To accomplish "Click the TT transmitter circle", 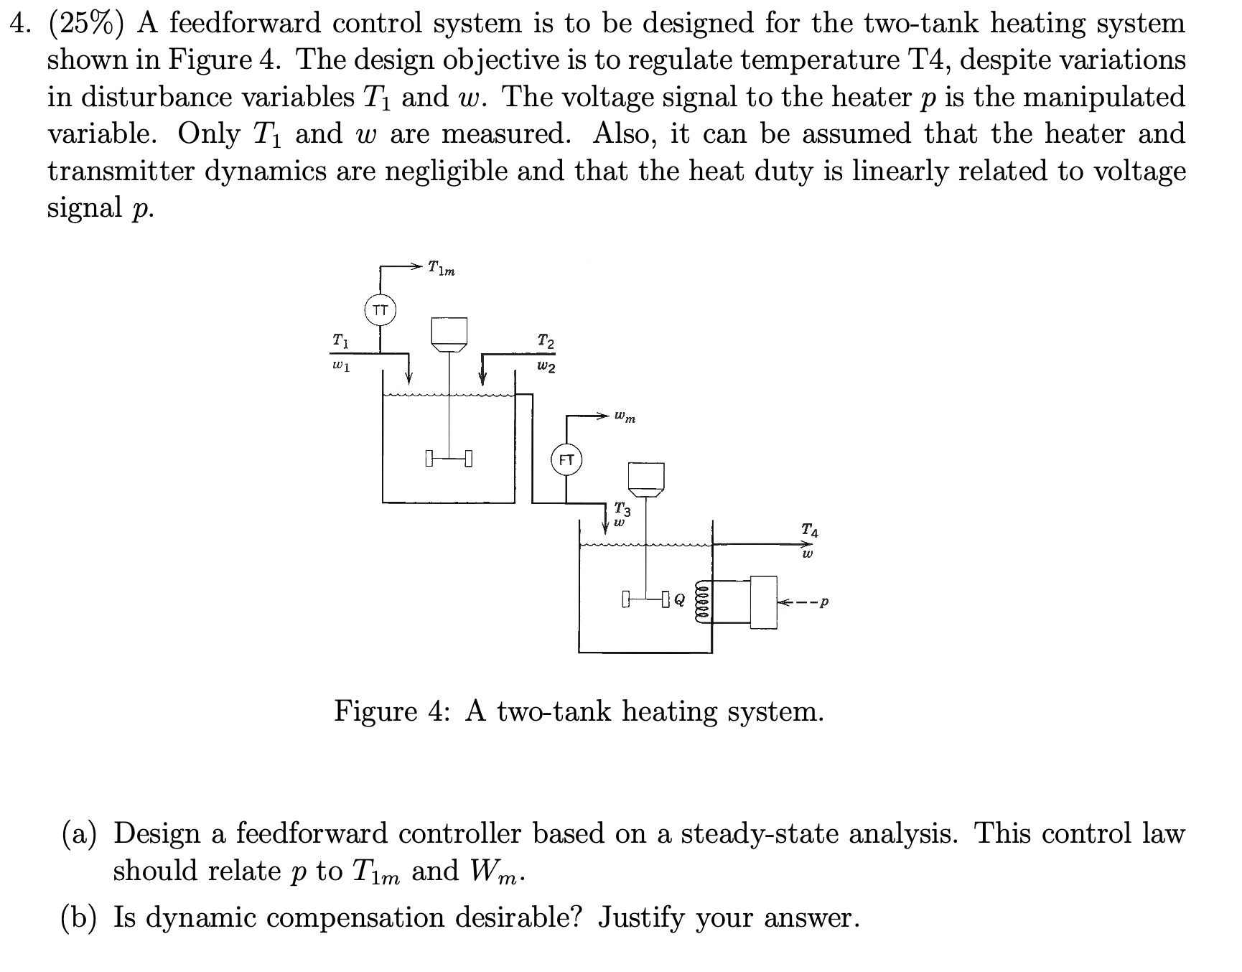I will (380, 310).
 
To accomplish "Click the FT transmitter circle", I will (566, 461).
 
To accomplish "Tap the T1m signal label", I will (441, 268).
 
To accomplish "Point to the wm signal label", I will (625, 416).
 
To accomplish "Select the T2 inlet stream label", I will (546, 341).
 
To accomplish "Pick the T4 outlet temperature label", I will (809, 531).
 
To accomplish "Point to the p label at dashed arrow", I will (824, 602).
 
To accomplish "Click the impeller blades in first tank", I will (449, 457).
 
